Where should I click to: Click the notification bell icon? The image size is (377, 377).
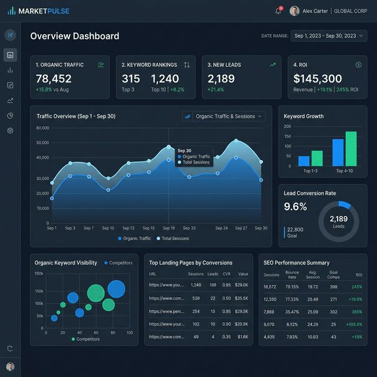click(278, 11)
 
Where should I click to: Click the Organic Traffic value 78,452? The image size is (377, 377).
click(54, 78)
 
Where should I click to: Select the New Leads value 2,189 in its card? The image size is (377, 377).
click(221, 78)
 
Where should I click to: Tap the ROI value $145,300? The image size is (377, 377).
click(318, 78)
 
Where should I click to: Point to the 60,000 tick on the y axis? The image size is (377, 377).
click(42, 128)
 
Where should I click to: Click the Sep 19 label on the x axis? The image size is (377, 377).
click(168, 228)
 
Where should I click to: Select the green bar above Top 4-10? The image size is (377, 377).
click(351, 148)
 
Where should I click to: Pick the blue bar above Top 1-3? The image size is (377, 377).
click(304, 160)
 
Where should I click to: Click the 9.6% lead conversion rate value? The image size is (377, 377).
click(296, 206)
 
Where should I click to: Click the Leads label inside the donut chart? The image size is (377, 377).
click(338, 226)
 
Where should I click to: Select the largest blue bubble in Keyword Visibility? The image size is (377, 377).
click(117, 289)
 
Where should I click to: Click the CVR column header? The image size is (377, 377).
click(227, 274)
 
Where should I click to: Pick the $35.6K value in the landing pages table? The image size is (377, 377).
click(242, 298)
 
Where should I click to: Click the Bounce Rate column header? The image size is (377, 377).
click(292, 275)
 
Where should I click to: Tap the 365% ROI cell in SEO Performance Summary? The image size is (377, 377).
click(356, 312)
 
